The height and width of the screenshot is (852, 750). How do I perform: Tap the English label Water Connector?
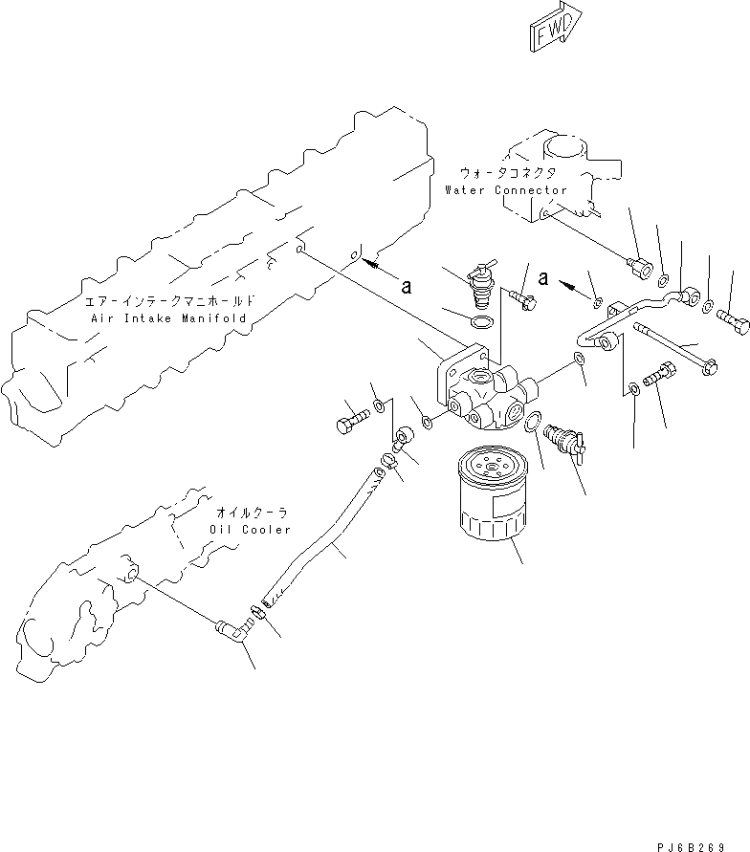pyautogui.click(x=505, y=190)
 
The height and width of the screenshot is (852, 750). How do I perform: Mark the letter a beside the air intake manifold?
pyautogui.click(x=406, y=286)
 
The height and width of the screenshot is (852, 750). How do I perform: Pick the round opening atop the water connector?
pyautogui.click(x=564, y=150)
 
